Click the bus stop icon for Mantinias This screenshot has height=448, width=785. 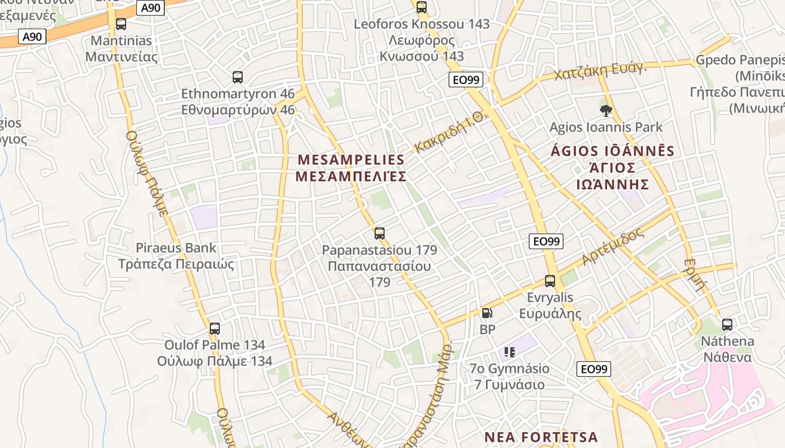click(121, 24)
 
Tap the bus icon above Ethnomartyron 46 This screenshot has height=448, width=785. click(238, 77)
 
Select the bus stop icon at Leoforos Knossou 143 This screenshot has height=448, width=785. click(422, 7)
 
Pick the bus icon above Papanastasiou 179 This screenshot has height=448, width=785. click(380, 233)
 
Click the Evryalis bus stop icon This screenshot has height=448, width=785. click(550, 281)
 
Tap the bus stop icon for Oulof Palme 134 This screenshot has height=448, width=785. click(215, 329)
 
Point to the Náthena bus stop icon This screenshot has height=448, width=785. click(727, 324)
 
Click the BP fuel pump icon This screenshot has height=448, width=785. click(487, 314)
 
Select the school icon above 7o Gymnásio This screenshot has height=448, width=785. click(510, 352)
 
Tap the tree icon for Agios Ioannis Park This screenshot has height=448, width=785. click(606, 111)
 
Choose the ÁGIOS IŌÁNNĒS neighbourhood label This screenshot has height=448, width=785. click(613, 167)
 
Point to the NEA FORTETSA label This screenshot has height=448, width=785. click(541, 437)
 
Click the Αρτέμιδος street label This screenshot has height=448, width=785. click(613, 247)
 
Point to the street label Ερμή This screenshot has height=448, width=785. click(695, 274)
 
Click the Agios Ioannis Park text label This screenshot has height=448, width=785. click(606, 127)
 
